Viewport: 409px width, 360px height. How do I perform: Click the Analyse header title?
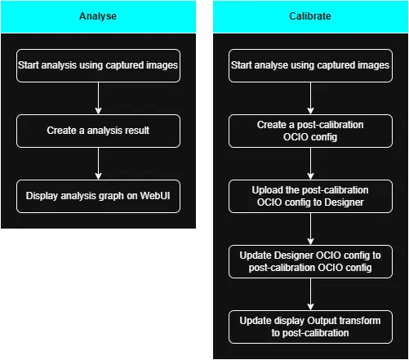(x=98, y=16)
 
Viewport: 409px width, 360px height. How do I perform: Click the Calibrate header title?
(x=309, y=16)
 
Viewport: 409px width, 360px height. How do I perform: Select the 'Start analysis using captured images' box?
(x=98, y=65)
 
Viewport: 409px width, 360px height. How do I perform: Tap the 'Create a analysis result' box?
(x=98, y=131)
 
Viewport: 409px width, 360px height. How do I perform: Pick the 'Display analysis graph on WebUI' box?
(x=98, y=197)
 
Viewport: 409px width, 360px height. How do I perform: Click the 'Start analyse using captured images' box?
(x=309, y=65)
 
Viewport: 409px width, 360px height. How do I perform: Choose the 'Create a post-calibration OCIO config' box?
(x=309, y=131)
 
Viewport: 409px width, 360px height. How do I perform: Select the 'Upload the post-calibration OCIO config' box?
(x=309, y=197)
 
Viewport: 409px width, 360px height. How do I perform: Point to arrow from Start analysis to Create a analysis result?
(x=98, y=98)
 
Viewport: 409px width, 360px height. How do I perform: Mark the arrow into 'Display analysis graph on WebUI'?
(x=98, y=163)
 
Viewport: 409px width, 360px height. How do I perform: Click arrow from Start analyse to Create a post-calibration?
(x=309, y=98)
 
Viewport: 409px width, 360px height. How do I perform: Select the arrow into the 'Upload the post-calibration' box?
(x=309, y=164)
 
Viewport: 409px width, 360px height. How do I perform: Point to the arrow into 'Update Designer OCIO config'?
(x=309, y=229)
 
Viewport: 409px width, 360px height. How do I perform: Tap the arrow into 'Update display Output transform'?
(x=309, y=295)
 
